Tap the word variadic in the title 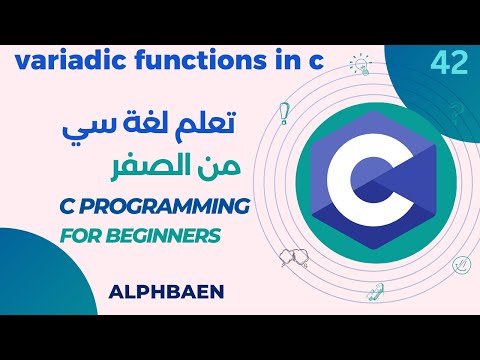(59, 63)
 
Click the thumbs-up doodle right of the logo (461, 265)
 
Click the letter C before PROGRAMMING (58, 206)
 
